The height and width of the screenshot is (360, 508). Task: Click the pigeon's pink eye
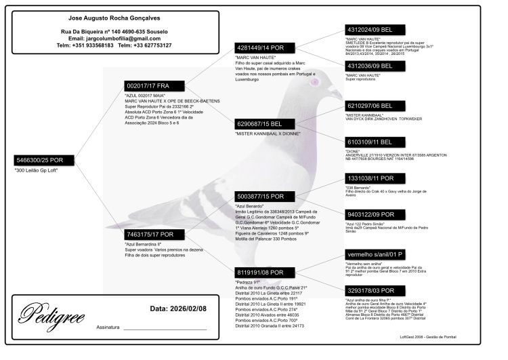[x=314, y=82]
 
